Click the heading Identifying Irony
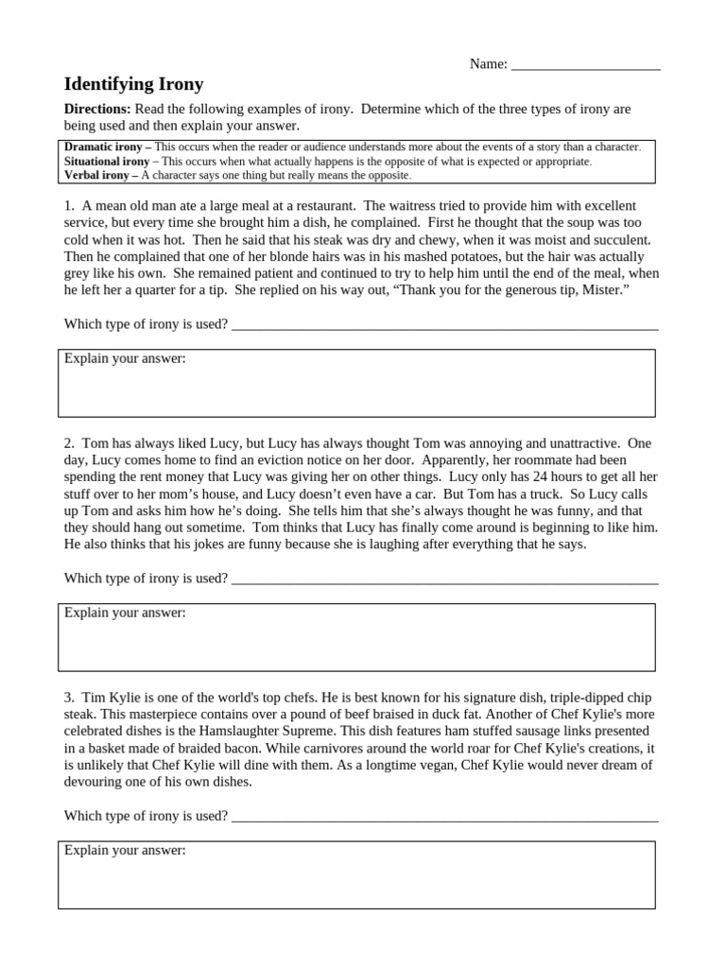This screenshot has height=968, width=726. [x=133, y=84]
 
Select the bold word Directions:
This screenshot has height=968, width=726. [x=97, y=109]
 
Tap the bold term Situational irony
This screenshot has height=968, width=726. [x=107, y=162]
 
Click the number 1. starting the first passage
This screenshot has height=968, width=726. [x=69, y=205]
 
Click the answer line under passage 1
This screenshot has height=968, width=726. [x=444, y=325]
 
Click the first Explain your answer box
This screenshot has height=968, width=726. [x=356, y=384]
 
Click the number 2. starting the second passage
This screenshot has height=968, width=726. [x=69, y=442]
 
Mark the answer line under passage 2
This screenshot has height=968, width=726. [x=444, y=579]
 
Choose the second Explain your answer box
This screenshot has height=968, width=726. [x=356, y=638]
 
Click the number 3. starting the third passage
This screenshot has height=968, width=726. [x=69, y=697]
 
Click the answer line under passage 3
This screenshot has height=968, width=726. [x=444, y=817]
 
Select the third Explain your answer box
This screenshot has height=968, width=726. [x=356, y=875]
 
